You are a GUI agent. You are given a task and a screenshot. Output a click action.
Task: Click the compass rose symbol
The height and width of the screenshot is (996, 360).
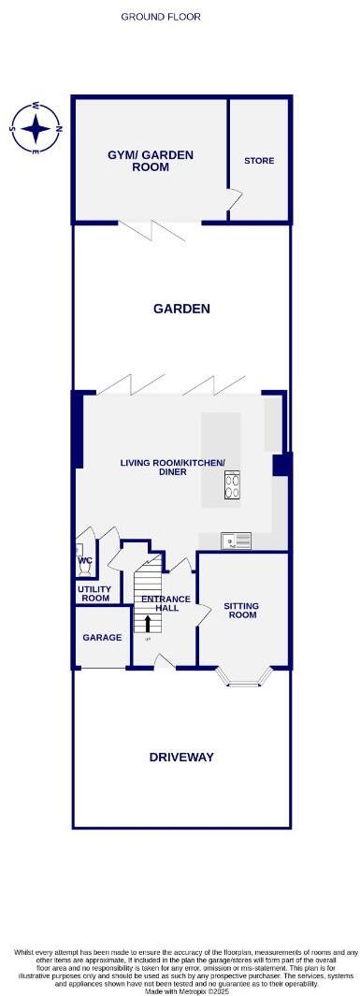click(x=36, y=127)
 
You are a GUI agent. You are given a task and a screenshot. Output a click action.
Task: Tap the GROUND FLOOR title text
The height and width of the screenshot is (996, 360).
click(x=161, y=17)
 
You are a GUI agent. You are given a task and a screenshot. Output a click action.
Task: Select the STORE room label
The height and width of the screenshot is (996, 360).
click(x=259, y=161)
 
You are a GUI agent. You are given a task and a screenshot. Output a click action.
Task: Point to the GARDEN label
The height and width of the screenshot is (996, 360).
click(x=181, y=308)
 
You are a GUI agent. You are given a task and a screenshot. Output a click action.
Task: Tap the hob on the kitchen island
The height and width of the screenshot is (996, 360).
click(x=232, y=484)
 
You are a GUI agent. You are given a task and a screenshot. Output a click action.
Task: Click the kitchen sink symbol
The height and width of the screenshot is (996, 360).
click(x=236, y=540)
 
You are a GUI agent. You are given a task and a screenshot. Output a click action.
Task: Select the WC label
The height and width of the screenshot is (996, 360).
click(x=85, y=562)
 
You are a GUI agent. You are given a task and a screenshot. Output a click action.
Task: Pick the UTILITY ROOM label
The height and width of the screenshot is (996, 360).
click(x=95, y=593)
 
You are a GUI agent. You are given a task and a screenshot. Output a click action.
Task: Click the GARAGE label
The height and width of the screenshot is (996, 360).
click(x=102, y=637)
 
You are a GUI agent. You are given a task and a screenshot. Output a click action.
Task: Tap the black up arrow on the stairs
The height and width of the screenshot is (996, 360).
click(x=147, y=623)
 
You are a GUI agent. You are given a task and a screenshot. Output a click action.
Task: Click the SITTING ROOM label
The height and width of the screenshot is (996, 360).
click(x=242, y=611)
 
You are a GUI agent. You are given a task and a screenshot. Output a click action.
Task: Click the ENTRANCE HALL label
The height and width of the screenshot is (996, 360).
click(x=166, y=603)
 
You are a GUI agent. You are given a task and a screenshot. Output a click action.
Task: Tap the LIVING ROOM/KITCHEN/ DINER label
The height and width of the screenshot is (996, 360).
click(x=166, y=467)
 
